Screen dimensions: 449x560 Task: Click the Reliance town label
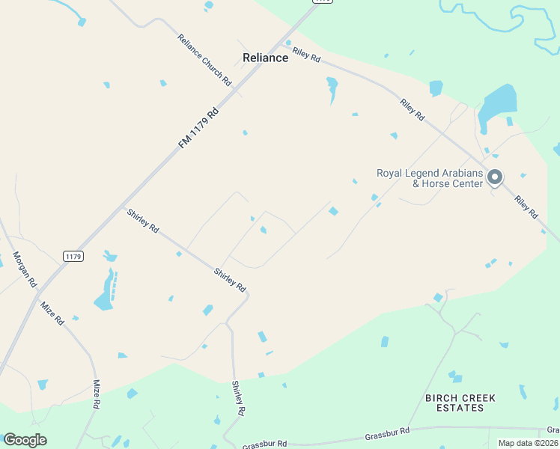[x=265, y=58]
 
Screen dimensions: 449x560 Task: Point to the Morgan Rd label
[x=24, y=269]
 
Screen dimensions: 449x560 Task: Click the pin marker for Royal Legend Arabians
[x=494, y=177]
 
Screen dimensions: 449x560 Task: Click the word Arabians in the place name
[x=460, y=173]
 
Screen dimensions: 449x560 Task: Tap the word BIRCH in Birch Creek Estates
[x=446, y=397]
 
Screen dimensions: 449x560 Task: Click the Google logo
[x=25, y=440]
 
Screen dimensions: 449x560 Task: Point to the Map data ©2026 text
[x=528, y=443]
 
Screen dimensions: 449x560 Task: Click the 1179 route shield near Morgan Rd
[x=73, y=256]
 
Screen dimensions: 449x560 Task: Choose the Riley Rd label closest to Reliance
[x=306, y=54]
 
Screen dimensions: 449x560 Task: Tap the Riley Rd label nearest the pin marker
[x=526, y=207]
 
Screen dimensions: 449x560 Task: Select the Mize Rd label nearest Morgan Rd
[x=52, y=313]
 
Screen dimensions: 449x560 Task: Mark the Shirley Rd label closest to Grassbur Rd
[x=238, y=399]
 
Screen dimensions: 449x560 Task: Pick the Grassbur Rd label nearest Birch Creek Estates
[x=387, y=433]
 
